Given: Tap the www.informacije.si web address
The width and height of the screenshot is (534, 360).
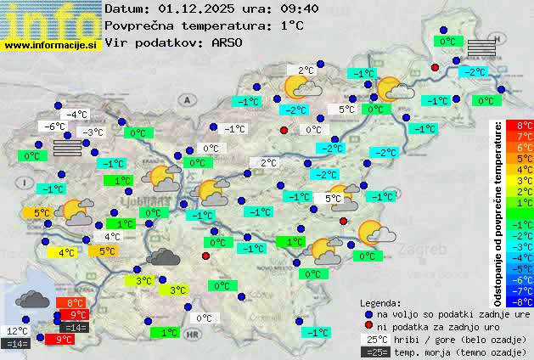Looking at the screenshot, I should click(51, 45).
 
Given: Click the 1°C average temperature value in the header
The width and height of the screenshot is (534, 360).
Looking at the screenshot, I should click(292, 25).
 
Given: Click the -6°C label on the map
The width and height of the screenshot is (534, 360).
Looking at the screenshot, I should click(55, 127).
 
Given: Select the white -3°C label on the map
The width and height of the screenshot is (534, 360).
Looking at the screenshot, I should click(92, 132).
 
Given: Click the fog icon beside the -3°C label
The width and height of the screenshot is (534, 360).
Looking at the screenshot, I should click(68, 148).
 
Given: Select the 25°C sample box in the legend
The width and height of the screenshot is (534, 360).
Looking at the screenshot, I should click(375, 339).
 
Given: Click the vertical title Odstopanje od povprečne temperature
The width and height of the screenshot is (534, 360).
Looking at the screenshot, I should click(498, 212).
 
